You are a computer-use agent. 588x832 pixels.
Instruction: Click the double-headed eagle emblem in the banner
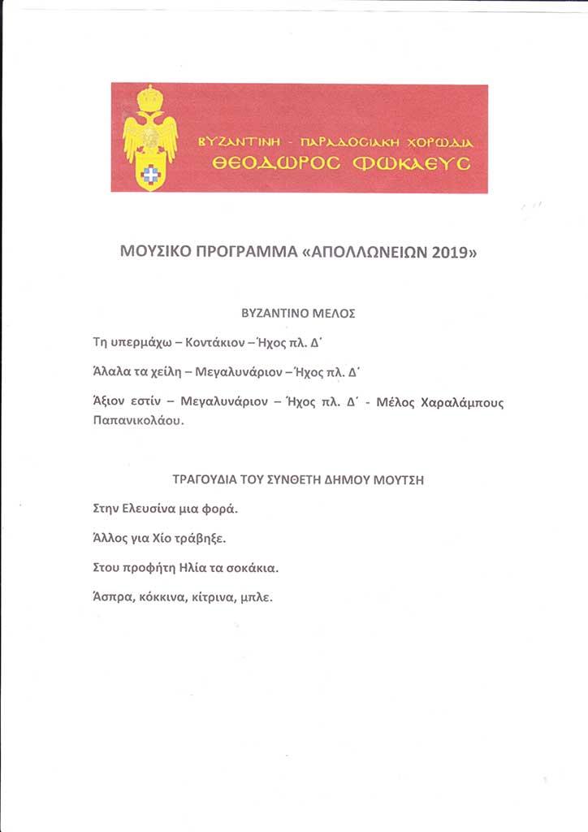[149, 138]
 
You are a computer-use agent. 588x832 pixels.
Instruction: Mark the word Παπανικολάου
[138, 422]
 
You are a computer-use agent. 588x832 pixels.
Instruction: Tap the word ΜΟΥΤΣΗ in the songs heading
[398, 479]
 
